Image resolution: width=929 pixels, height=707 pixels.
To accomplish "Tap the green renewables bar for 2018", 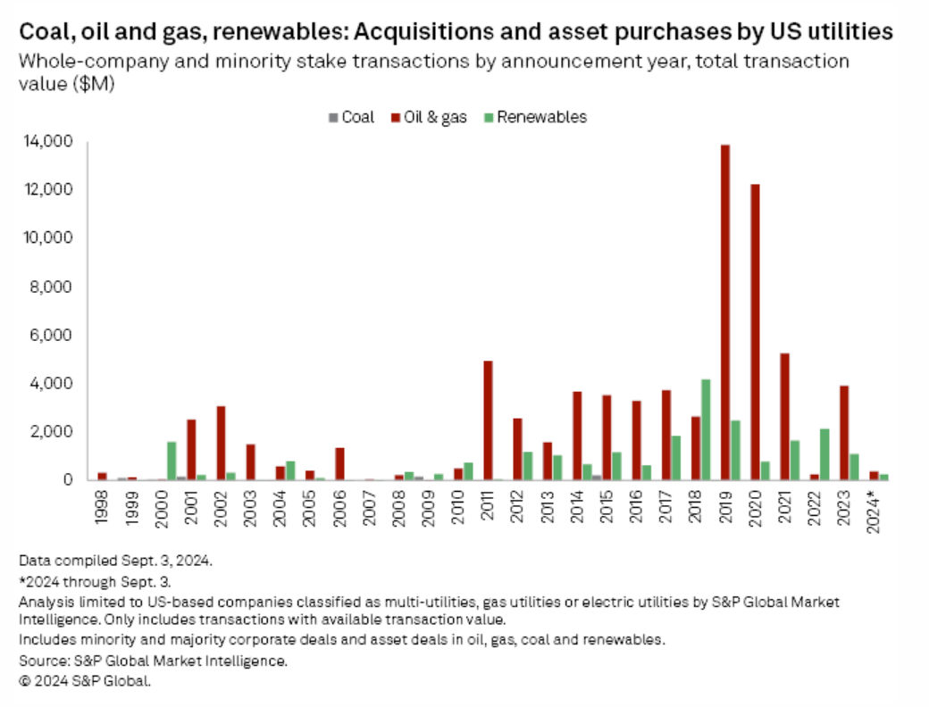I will click(706, 429).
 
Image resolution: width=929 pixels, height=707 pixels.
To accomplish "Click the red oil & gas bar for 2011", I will click(489, 420).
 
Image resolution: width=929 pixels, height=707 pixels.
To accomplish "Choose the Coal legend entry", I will click(351, 117).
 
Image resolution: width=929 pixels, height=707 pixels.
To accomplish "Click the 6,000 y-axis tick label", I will click(53, 336).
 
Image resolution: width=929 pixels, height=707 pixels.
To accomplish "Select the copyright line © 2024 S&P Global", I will click(85, 681).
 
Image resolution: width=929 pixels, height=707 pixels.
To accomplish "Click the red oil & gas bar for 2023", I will click(844, 433).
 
